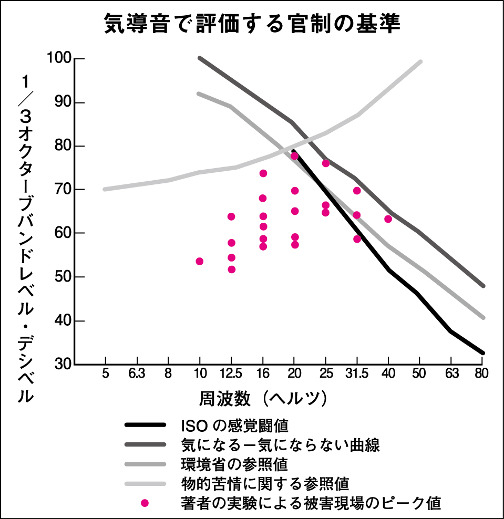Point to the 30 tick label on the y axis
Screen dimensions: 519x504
coord(63,364)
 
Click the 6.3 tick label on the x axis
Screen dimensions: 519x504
coord(137,374)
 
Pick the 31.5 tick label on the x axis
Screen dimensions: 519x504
coord(357,374)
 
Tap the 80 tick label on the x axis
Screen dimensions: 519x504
coord(482,374)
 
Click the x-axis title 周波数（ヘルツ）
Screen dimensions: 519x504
coord(263,398)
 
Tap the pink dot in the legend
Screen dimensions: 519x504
coord(145,503)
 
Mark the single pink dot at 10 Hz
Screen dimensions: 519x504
coord(200,262)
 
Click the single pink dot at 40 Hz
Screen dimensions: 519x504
coord(388,219)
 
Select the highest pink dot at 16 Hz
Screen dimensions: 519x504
coord(263,173)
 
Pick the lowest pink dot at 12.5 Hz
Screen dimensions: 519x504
coord(231,269)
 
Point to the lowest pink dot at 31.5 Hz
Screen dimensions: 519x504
coord(357,238)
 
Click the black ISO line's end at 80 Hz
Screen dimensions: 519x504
coord(482,353)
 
